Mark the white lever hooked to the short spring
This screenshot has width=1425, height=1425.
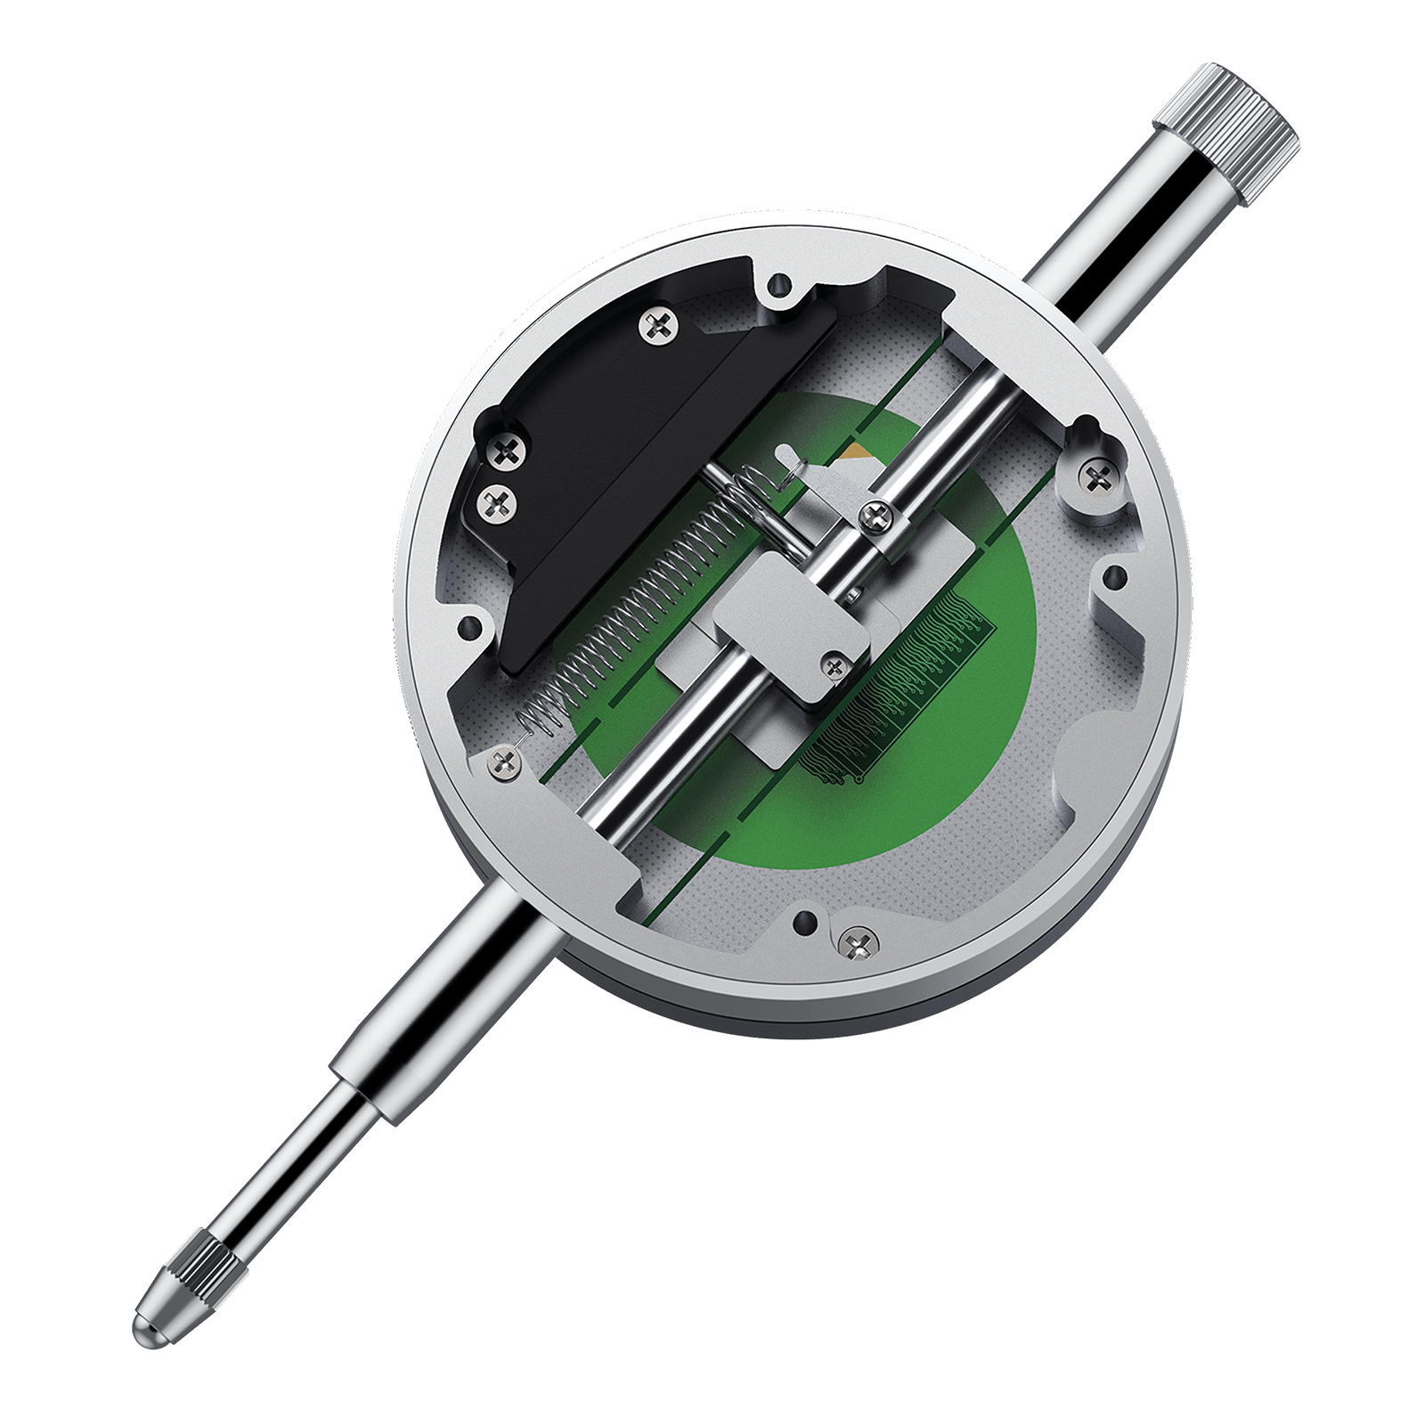point(802,472)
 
